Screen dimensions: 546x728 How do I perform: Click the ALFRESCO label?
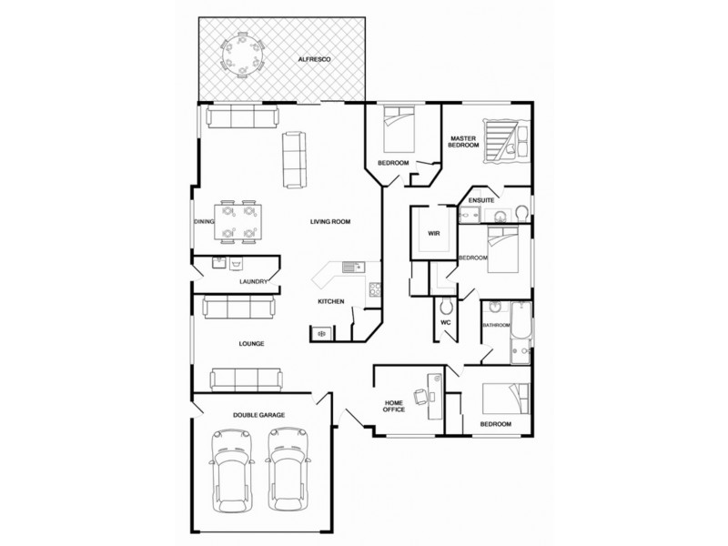[314, 59]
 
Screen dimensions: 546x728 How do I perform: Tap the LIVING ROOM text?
[329, 221]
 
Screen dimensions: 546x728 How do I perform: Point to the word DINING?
[204, 221]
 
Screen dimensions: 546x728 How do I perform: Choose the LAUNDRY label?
[253, 282]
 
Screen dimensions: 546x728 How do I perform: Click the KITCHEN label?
[329, 301]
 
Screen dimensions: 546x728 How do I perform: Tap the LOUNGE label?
[251, 344]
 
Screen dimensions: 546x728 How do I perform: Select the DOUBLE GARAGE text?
[259, 415]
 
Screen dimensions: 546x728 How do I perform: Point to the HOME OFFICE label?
[394, 406]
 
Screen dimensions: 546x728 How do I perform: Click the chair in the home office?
[421, 396]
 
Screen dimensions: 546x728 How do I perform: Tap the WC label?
[446, 322]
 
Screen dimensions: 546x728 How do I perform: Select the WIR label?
[434, 234]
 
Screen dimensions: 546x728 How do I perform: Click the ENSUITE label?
[480, 199]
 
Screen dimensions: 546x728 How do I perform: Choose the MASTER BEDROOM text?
[463, 143]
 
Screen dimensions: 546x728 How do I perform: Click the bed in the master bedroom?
[503, 141]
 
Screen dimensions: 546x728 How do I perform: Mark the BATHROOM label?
[496, 325]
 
